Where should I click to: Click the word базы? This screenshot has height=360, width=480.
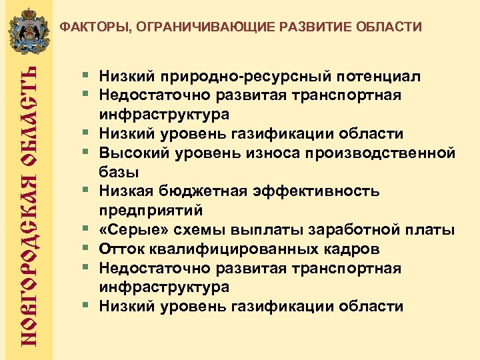click(119, 173)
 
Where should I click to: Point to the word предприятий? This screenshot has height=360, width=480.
click(151, 211)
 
